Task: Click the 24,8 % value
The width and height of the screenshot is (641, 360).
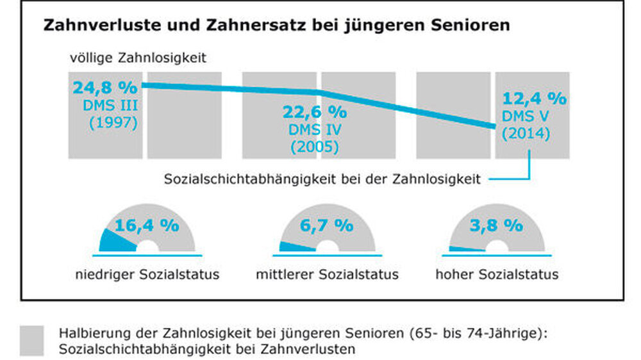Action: (106, 87)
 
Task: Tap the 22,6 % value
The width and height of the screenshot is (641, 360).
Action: (315, 111)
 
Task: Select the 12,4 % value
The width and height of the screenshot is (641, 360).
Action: (535, 99)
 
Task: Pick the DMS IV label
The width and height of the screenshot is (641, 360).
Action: (314, 130)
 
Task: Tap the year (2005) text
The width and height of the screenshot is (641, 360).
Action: (314, 147)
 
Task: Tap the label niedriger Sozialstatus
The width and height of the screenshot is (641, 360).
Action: (147, 275)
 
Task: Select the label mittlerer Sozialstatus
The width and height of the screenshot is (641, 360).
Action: (327, 275)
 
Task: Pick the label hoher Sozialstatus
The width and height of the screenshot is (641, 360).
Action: (497, 275)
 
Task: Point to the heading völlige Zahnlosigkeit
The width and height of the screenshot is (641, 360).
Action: (138, 59)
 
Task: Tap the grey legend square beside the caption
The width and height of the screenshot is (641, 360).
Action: (32, 341)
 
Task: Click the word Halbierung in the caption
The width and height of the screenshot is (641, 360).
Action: (86, 334)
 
